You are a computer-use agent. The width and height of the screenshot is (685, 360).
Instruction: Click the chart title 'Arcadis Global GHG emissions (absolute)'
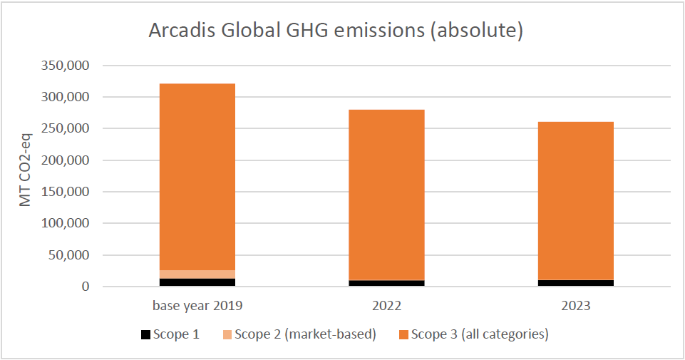point(336,31)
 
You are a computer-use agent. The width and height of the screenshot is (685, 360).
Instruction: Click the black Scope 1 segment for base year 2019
point(197,282)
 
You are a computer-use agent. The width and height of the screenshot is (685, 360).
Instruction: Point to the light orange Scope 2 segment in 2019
point(197,274)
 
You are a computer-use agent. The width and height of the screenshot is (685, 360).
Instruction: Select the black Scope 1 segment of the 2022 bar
point(386,283)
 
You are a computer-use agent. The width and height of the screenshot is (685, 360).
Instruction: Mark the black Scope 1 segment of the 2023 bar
point(575,283)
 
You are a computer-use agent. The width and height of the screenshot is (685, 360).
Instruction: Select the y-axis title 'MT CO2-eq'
point(26,175)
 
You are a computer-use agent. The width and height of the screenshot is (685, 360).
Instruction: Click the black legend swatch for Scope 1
point(145,334)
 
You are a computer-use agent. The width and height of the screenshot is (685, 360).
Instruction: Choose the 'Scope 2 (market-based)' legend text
point(305,334)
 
